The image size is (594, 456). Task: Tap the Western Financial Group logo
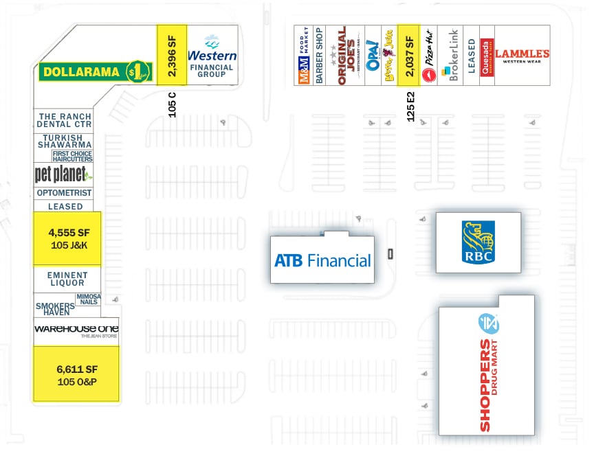[x=212, y=55]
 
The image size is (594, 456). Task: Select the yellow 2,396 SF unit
[x=171, y=55]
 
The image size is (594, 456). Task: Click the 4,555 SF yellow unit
[x=67, y=238]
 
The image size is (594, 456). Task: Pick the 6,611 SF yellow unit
[x=76, y=374]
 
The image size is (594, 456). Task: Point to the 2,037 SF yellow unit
[x=409, y=56]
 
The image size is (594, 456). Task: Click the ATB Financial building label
[x=322, y=260]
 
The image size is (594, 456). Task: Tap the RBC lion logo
[x=478, y=242]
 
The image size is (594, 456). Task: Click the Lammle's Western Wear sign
[x=522, y=56]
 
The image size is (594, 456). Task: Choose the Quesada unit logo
[x=487, y=56]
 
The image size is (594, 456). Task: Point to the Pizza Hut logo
[x=428, y=56]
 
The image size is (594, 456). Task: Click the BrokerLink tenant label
[x=453, y=56]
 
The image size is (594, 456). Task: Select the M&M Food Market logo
[x=304, y=56]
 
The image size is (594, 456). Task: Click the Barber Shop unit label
[x=319, y=56]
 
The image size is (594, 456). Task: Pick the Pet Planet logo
[x=62, y=174]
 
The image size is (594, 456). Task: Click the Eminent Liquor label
[x=67, y=279]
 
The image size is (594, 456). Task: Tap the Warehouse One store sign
[x=76, y=330]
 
